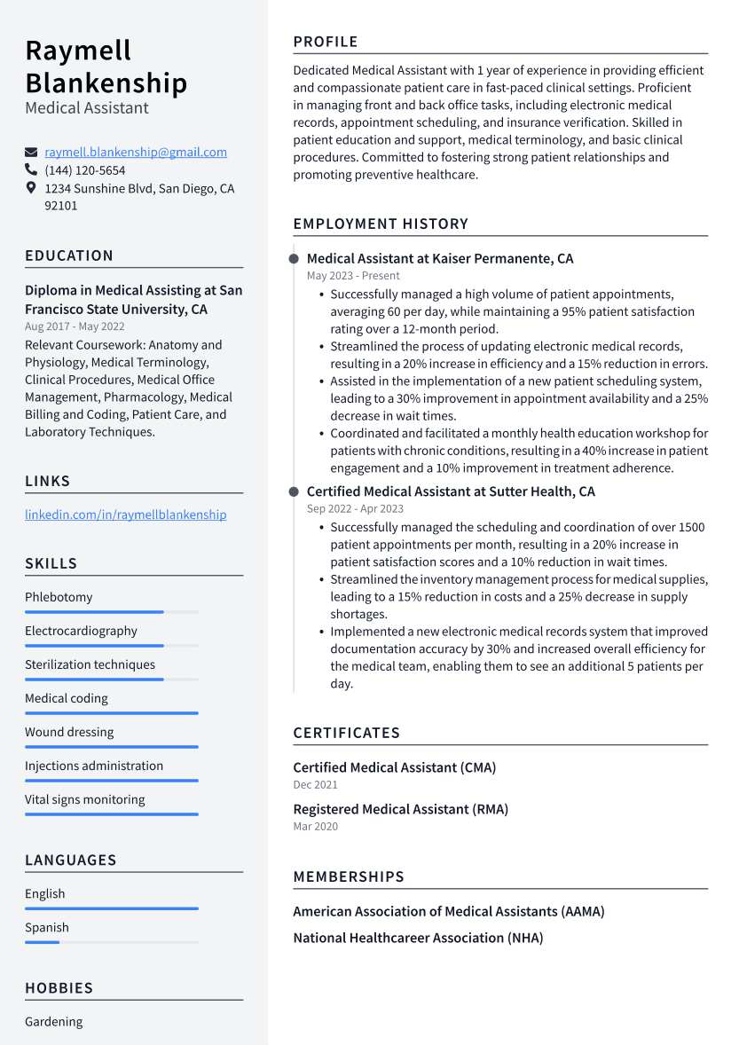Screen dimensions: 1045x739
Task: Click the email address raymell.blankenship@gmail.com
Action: pos(136,153)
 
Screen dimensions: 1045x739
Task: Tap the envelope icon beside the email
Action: pos(31,153)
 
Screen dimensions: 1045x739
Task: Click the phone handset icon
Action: pos(31,169)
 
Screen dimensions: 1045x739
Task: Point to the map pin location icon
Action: pos(31,188)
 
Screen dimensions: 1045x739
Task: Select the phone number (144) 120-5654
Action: pos(85,170)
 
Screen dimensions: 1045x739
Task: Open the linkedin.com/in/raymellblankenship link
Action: pos(125,515)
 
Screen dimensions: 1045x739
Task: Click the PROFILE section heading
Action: pos(326,42)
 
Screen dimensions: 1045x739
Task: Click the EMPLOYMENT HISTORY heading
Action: pos(381,224)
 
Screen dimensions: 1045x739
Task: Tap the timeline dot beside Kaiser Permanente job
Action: pos(294,259)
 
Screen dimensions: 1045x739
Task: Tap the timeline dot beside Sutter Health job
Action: pos(294,491)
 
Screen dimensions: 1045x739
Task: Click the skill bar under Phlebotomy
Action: pos(94,612)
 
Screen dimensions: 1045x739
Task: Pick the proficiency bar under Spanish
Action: pos(42,942)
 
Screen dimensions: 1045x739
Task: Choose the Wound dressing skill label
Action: pos(69,732)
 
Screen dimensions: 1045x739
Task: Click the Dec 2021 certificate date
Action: pos(315,785)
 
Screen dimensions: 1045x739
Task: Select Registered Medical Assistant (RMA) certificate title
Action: pos(400,809)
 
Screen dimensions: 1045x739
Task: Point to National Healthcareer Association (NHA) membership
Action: pos(418,938)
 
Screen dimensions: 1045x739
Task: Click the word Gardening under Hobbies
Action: pos(53,1022)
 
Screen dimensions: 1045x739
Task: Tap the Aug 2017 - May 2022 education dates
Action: pos(75,327)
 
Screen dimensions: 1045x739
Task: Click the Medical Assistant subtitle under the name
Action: pos(87,108)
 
